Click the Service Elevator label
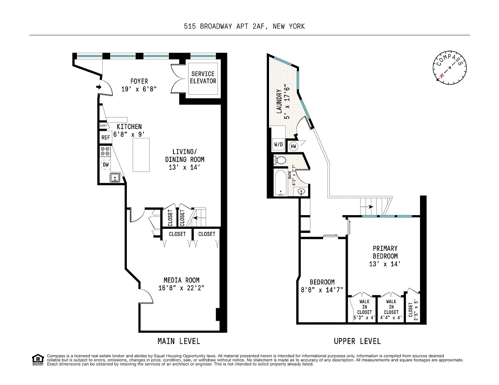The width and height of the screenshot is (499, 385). (x=203, y=78)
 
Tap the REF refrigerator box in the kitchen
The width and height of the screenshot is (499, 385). (x=106, y=137)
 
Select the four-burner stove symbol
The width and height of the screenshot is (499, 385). (x=105, y=151)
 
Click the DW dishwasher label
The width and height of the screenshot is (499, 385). (x=106, y=164)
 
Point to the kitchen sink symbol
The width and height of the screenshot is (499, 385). (x=115, y=178)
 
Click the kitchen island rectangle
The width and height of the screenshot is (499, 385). (x=141, y=155)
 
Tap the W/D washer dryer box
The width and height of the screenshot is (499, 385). (x=278, y=144)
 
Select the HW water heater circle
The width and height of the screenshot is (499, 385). (x=294, y=146)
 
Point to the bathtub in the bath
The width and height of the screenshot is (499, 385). (x=281, y=183)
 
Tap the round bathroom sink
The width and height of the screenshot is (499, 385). (x=301, y=191)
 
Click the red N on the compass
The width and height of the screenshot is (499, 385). (x=441, y=76)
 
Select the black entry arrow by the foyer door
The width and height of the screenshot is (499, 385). (x=99, y=87)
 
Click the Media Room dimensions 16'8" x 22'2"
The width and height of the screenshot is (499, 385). (x=181, y=288)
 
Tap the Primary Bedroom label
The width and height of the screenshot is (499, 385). (x=385, y=252)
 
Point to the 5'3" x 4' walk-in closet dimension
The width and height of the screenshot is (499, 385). (x=364, y=318)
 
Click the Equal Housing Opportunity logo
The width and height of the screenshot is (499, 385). (x=38, y=360)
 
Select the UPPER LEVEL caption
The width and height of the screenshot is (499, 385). (x=357, y=341)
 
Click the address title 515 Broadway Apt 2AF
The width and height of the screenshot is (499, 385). (x=245, y=26)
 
